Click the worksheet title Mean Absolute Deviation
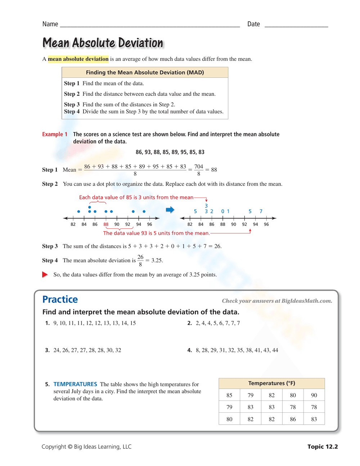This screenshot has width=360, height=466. coord(103,43)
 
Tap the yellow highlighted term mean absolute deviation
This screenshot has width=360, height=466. coord(78,59)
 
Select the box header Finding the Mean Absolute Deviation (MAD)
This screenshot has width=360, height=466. coord(145,72)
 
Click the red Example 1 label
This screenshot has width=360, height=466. coord(55,134)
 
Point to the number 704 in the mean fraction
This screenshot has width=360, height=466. coord(199,166)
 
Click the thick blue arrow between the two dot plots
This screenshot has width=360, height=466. coord(170,210)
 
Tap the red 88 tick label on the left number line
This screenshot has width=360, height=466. coord(106,224)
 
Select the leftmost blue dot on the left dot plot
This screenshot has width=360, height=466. coord(78,211)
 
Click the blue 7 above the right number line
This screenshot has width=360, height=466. coord(261,211)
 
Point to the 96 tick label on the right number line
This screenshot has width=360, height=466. coord(266,224)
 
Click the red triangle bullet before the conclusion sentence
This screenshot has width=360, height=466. coord(45,274)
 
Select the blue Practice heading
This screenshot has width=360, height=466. coord(60,300)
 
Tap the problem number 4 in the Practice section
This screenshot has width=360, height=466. coord(189,350)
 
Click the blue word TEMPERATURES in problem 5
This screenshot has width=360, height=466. coord(75,384)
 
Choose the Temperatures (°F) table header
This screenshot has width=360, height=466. coord(271,384)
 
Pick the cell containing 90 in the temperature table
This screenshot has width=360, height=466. coord(314,395)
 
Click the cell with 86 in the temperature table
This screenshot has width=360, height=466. coord(293,419)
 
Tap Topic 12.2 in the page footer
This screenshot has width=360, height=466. coord(323,447)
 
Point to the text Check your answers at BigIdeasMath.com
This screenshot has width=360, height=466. coord(277,301)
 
